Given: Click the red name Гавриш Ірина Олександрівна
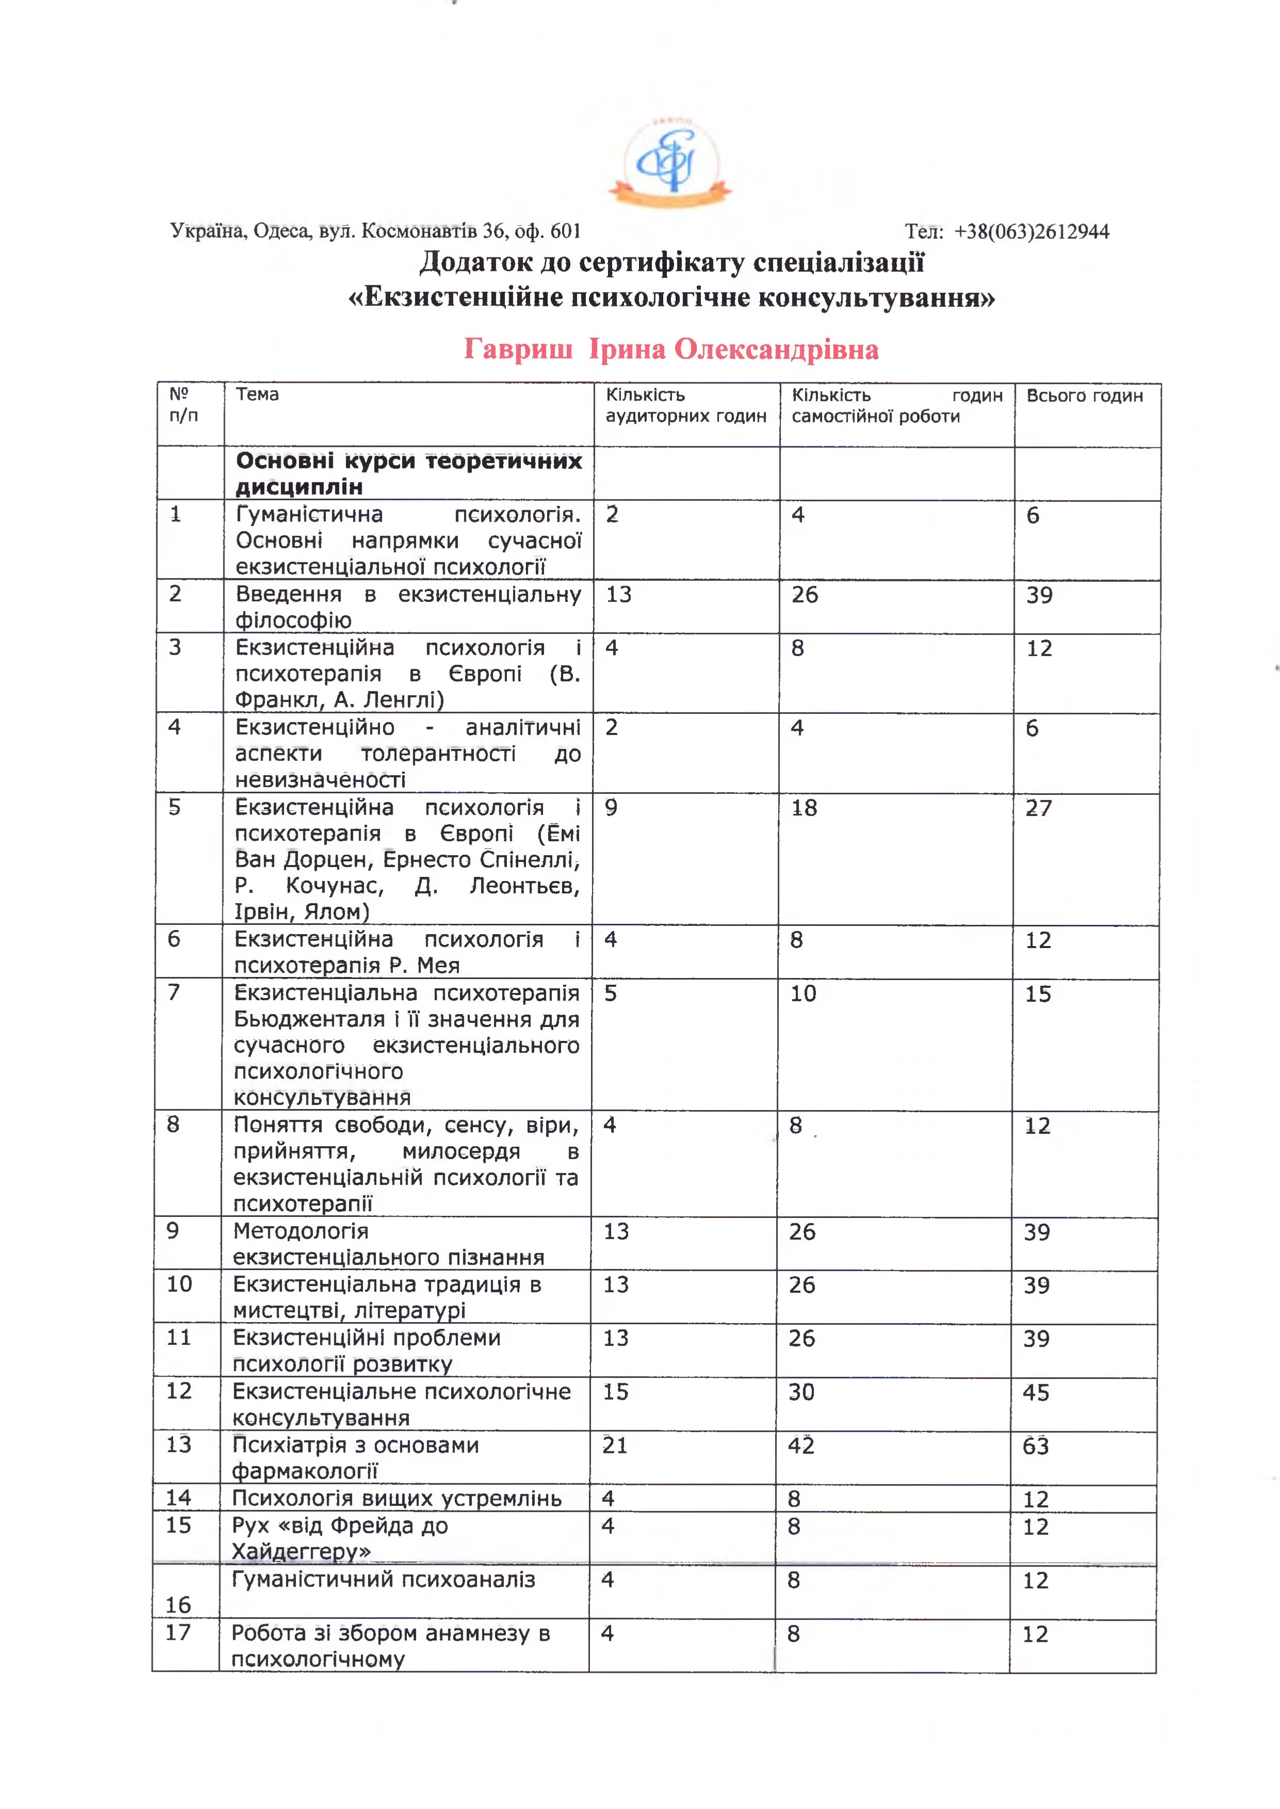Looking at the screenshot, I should tap(671, 349).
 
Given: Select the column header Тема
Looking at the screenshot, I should tap(257, 394).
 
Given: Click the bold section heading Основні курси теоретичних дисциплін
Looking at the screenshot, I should tap(408, 473).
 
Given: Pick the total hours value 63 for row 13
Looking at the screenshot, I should tap(1035, 1446).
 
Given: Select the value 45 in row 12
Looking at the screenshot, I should tap(1035, 1392).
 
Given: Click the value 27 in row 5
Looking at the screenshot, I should tap(1038, 808).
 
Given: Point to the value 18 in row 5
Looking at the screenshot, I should tap(804, 808).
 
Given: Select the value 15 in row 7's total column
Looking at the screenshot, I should tap(1037, 994).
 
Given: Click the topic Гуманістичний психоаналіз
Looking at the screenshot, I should tap(383, 1579).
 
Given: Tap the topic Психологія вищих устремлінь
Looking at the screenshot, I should tap(397, 1498).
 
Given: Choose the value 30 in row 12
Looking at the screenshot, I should tap(801, 1392).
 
